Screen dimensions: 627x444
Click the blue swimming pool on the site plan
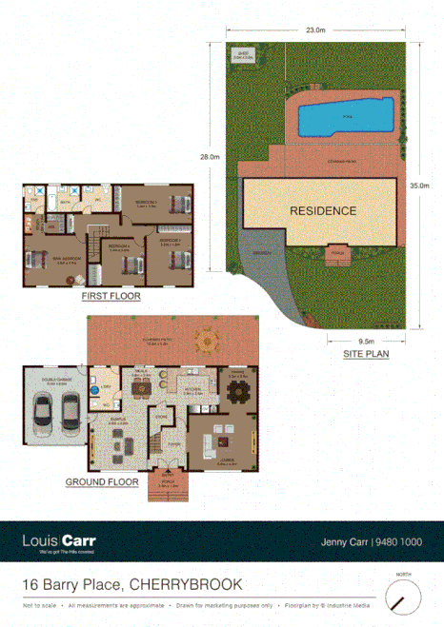pyautogui.click(x=344, y=117)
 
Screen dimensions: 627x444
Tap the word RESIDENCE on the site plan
pyautogui.click(x=323, y=211)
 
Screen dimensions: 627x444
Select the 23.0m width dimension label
pyautogui.click(x=313, y=31)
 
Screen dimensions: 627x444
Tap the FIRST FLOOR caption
pyautogui.click(x=111, y=297)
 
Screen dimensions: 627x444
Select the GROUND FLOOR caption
pyautogui.click(x=102, y=482)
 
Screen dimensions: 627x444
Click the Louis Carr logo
pyautogui.click(x=58, y=543)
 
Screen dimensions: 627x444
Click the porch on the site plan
pyautogui.click(x=337, y=254)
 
